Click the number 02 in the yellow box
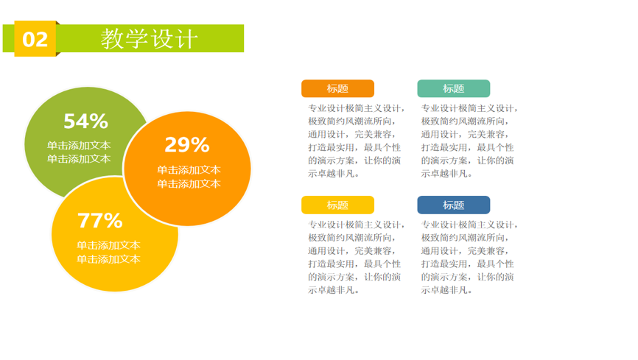tap(35, 40)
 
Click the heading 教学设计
tap(150, 38)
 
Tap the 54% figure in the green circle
tap(86, 121)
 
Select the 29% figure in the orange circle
tap(187, 145)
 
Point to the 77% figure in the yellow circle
tap(100, 221)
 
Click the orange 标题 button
tap(337, 88)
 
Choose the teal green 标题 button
tap(454, 88)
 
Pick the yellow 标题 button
tap(337, 205)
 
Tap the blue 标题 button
tap(454, 205)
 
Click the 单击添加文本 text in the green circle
tap(79, 152)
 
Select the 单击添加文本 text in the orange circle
tap(189, 177)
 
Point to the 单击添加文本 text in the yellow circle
tap(108, 253)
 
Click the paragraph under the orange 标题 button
tap(357, 141)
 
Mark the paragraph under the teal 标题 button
tap(469, 141)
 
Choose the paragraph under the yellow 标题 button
tap(357, 257)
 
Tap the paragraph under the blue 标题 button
tap(469, 257)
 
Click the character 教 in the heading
tap(112, 38)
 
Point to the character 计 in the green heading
tap(187, 39)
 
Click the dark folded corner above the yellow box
tap(57, 23)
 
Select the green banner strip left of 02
tap(9, 38)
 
